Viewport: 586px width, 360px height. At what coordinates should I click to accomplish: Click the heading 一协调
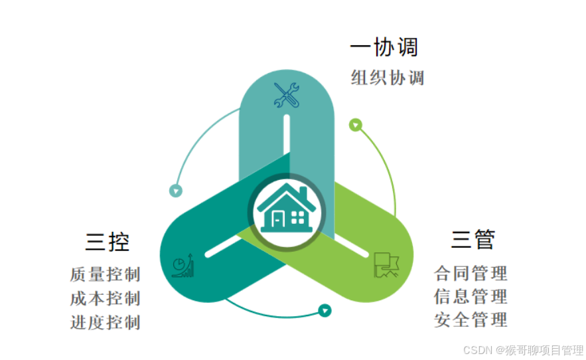tap(384, 47)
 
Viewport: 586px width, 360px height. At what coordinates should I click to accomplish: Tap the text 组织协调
tap(387, 78)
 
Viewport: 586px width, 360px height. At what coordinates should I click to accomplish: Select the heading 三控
tap(107, 241)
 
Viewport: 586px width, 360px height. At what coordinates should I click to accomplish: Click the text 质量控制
tap(105, 274)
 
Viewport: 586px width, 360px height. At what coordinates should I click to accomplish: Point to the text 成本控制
tap(105, 298)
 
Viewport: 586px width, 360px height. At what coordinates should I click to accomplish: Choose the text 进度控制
tap(105, 322)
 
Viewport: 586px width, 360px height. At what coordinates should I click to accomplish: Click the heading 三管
tap(473, 239)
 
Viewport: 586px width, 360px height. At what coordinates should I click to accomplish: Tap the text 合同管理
tap(471, 272)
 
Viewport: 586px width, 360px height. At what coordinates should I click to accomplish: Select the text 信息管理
tap(471, 296)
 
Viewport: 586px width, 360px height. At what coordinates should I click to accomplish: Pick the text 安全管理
tap(471, 319)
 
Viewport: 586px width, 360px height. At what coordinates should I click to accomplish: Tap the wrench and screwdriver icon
tap(287, 95)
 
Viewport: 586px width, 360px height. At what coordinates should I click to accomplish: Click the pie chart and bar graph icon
tap(183, 265)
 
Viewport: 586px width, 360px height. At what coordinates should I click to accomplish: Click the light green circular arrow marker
tap(356, 124)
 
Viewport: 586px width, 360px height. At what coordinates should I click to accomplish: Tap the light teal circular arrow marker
tap(176, 191)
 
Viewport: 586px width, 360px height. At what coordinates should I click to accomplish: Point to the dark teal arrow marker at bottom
tap(325, 310)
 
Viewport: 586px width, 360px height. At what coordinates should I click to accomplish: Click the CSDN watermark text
tap(522, 350)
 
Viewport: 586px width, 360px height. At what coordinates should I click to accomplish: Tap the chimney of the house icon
tap(303, 192)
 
